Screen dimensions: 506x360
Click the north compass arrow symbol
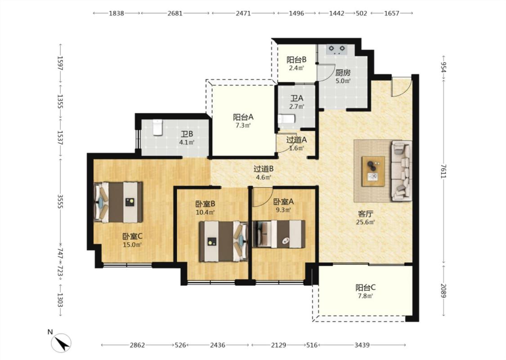tap(61, 342)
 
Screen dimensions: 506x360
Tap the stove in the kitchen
tap(336, 49)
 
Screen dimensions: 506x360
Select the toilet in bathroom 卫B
tap(157, 127)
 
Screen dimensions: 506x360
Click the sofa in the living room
tap(401, 171)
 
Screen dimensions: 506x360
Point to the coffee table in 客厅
tap(373, 171)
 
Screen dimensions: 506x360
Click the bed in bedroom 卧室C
tap(118, 202)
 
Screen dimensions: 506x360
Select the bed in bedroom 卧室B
tap(223, 241)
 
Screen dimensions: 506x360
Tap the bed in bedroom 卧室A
tap(279, 234)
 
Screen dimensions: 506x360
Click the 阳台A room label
tap(243, 117)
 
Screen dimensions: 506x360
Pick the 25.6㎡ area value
tap(365, 222)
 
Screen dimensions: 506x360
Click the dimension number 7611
tap(444, 171)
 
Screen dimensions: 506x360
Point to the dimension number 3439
tap(362, 345)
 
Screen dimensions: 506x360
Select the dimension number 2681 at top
tap(175, 13)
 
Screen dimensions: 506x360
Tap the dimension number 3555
tap(60, 201)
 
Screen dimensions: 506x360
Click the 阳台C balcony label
tap(366, 288)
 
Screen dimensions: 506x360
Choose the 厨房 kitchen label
tap(343, 73)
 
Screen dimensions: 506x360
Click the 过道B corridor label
tap(264, 169)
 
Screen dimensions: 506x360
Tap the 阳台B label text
tap(296, 60)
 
